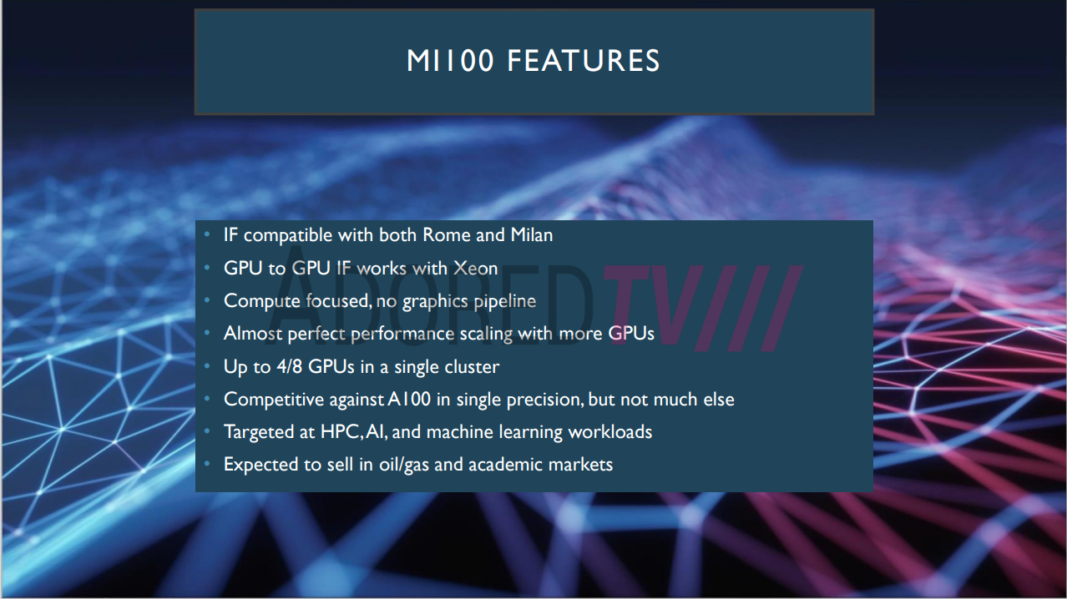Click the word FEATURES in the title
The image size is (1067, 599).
click(584, 61)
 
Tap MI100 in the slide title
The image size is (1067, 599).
click(450, 61)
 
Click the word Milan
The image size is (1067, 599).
click(532, 235)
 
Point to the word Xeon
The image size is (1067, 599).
click(475, 269)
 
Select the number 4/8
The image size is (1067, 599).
click(290, 367)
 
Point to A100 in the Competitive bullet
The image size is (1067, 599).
click(409, 400)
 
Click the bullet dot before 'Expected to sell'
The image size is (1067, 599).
click(207, 464)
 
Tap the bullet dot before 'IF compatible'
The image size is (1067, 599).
click(207, 234)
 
